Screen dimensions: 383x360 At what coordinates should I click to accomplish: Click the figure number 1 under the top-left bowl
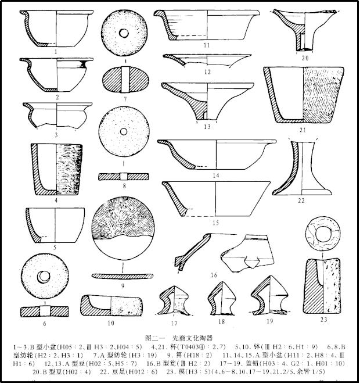pos(56,51)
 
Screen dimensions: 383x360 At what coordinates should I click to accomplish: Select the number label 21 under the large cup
pos(302,130)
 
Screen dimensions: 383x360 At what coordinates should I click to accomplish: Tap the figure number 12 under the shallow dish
pos(207,72)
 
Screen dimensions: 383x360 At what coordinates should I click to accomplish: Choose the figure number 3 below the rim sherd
pos(56,135)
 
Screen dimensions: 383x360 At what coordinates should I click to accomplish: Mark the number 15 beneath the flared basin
pos(215,223)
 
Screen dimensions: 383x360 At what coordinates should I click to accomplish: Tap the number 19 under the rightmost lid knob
pos(269,321)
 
